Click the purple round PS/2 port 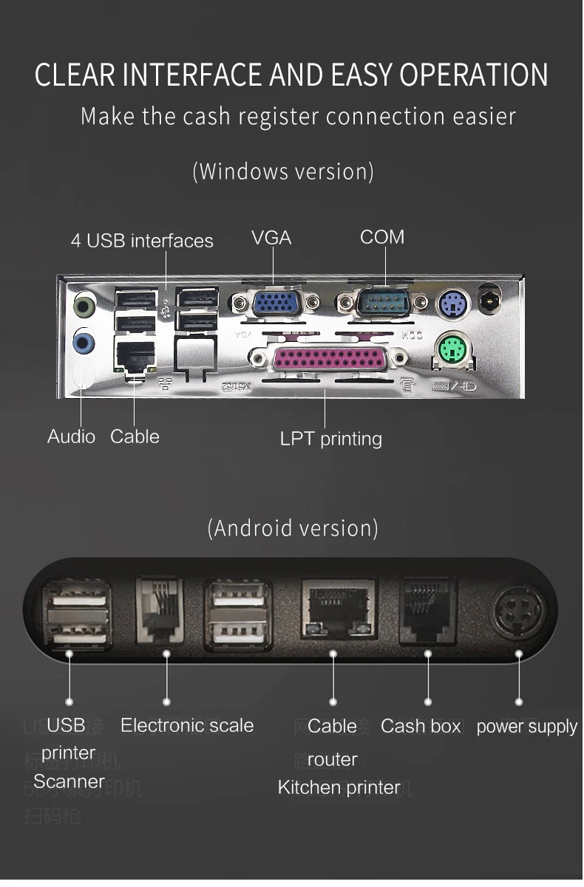[450, 303]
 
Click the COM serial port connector [382, 303]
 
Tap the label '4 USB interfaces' [142, 241]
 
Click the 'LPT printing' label [330, 439]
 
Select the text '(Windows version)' [283, 171]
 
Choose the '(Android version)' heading [293, 528]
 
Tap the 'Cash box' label [421, 727]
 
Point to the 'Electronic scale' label [187, 725]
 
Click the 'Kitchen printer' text [339, 788]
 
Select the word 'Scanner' [69, 781]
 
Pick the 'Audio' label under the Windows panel [71, 436]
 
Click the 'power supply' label [526, 727]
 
